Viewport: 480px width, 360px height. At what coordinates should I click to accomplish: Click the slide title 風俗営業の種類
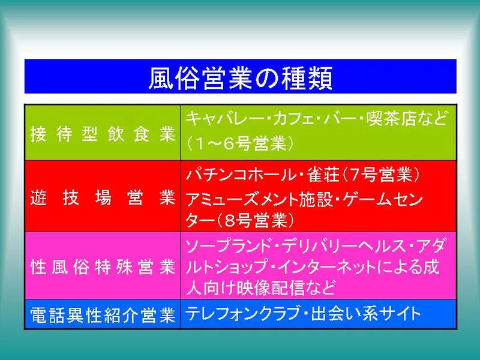coord(241,79)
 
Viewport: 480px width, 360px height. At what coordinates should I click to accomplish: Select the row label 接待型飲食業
coord(103,134)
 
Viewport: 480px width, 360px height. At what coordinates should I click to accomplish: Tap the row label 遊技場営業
coord(103,198)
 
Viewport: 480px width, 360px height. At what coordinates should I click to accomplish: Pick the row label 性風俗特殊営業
coord(103,267)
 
